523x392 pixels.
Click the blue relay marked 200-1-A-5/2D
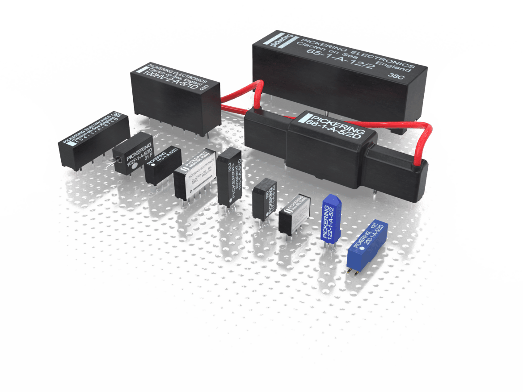[x=367, y=243]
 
